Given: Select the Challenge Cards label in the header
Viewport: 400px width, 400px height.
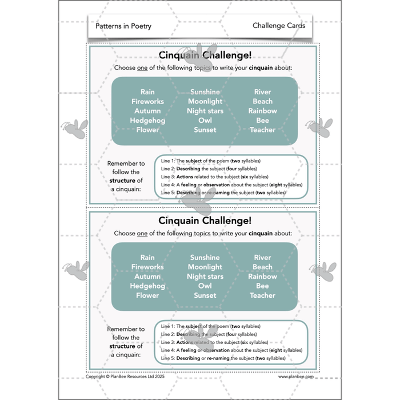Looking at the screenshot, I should coord(279,26).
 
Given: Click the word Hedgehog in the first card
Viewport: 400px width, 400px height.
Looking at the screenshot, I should coord(147,121).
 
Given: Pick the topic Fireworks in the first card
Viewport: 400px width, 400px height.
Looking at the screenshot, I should coord(147,102).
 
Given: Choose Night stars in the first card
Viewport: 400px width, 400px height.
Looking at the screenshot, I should coord(205,111).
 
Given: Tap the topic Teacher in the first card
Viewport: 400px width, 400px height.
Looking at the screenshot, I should coord(262,130).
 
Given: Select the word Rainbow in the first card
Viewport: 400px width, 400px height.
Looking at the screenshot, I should coord(262,111).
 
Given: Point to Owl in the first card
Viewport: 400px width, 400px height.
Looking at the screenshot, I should coord(205,121).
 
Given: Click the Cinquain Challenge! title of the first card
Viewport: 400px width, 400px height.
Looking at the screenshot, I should coord(205,55).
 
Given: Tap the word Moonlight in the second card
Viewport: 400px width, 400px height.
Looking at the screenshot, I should coord(205,267).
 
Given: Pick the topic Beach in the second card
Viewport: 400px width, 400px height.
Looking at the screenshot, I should coord(262,267).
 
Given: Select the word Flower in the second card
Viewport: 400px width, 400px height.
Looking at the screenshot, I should coord(147,295).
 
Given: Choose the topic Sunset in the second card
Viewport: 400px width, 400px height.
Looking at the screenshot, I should coord(205,295).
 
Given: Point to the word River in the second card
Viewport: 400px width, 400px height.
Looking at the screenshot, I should coord(262,258).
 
